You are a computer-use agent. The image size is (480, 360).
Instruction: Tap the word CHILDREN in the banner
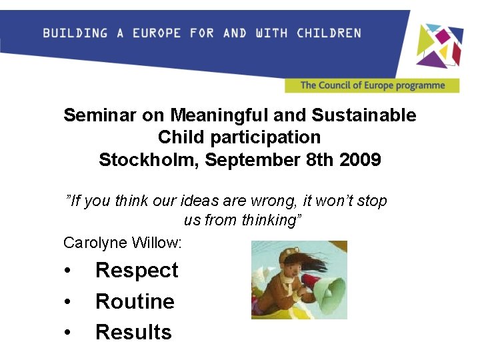click(x=329, y=33)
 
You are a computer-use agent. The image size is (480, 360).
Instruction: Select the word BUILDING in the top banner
click(x=75, y=33)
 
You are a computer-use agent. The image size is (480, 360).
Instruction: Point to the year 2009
click(x=360, y=160)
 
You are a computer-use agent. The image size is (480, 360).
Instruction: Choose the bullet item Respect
click(x=137, y=270)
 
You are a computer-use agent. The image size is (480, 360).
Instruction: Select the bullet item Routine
click(x=135, y=301)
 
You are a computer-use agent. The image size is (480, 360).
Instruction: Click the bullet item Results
click(x=133, y=332)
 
